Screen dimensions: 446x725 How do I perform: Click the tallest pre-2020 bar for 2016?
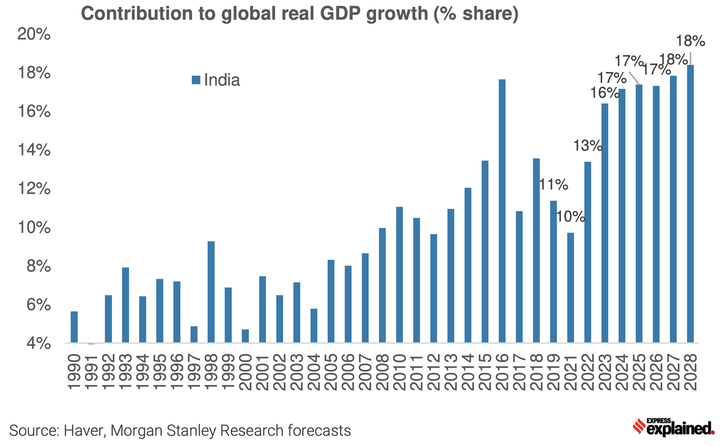(502, 211)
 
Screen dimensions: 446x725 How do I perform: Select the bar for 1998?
(211, 292)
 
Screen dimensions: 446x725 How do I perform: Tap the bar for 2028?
(690, 204)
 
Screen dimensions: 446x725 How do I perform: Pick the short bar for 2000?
(245, 336)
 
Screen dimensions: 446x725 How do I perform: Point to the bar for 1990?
(74, 327)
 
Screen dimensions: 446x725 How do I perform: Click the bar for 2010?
(399, 275)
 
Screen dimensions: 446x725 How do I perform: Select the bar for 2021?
(570, 287)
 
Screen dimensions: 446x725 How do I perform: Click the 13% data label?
(587, 146)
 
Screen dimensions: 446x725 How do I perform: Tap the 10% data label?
(570, 217)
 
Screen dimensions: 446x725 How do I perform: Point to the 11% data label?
(553, 184)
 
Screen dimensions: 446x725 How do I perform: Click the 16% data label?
(604, 93)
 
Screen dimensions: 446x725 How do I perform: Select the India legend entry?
(216, 80)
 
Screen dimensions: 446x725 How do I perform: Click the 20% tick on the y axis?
(34, 34)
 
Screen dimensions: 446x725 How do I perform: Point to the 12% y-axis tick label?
(34, 189)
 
